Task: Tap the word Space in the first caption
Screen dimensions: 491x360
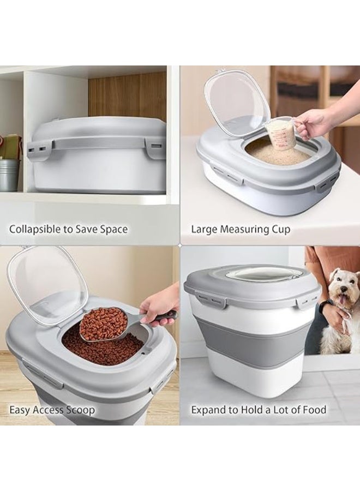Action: coord(113,229)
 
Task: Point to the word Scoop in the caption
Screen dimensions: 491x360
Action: coord(80,410)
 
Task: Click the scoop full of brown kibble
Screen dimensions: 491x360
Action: coord(103,325)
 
